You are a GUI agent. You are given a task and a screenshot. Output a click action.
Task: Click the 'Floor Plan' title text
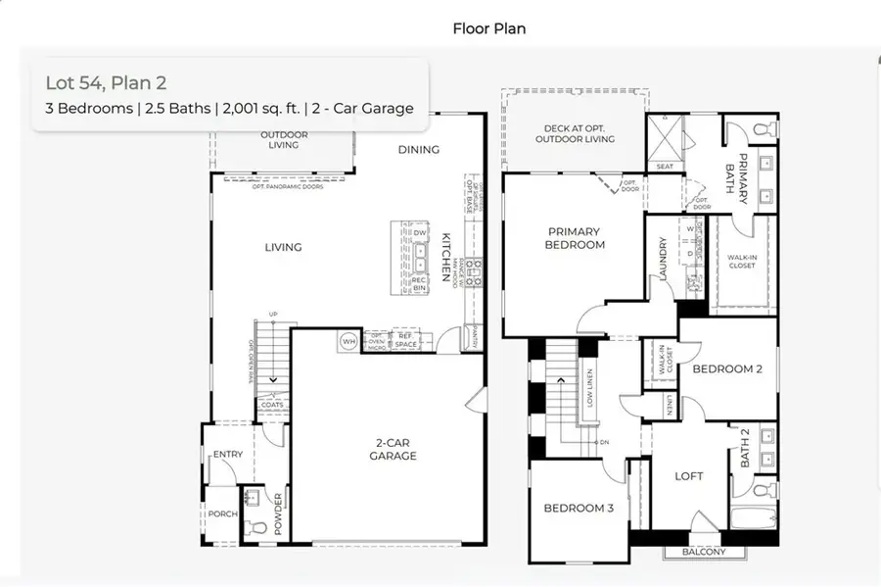488,28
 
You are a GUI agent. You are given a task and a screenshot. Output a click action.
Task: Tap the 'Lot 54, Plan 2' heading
99,83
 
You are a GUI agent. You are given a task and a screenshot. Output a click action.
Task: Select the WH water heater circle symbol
348,342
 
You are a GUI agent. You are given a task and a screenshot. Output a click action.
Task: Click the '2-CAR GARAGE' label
393,449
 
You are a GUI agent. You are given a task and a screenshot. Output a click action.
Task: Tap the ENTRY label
227,453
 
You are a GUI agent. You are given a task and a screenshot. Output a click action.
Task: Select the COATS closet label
272,405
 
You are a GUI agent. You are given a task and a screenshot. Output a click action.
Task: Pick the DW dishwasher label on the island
419,232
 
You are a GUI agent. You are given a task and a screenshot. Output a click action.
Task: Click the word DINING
418,150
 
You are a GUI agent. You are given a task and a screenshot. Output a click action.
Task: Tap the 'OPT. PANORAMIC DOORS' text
286,186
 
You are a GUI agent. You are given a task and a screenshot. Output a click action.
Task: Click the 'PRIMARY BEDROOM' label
575,238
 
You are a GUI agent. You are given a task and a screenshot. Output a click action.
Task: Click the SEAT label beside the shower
665,167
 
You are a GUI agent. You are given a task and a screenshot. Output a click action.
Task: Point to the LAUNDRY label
663,260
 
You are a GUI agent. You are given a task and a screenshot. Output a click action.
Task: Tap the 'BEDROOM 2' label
727,369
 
